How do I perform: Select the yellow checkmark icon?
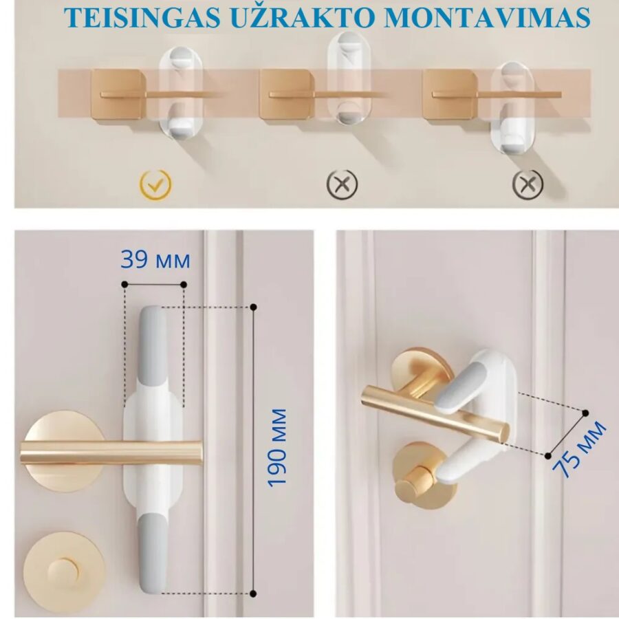156,183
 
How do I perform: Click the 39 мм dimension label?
155,261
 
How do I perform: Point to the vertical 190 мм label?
278,447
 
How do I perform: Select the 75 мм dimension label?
581,450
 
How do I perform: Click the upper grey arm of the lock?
153,351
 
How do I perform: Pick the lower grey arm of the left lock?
153,550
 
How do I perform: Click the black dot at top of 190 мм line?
254,306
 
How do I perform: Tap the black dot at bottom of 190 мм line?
254,593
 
